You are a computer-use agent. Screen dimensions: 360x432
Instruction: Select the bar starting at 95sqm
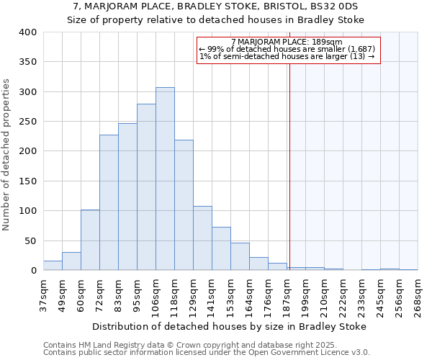pyautogui.click(x=146, y=187)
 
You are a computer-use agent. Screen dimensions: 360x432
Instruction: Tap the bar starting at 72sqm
pyautogui.click(x=109, y=202)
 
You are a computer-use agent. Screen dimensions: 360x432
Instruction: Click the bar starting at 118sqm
pyautogui.click(x=184, y=205)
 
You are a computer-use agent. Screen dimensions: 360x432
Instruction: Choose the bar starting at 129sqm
pyautogui.click(x=202, y=238)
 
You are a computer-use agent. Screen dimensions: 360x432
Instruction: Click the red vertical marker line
pyautogui.click(x=289, y=158)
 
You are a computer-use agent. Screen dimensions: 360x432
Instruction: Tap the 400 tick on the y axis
pyautogui.click(x=27, y=32)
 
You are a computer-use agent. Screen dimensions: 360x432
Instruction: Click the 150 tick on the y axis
pyautogui.click(x=27, y=181)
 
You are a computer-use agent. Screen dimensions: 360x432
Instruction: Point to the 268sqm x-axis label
pyautogui.click(x=418, y=297)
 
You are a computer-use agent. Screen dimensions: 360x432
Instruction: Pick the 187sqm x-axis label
pyautogui.click(x=287, y=297)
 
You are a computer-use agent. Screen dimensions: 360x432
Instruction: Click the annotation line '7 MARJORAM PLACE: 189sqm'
pyautogui.click(x=287, y=42)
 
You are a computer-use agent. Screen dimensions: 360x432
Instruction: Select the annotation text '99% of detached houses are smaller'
pyautogui.click(x=287, y=49)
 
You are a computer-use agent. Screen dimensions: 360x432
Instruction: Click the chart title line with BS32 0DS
pyautogui.click(x=216, y=6)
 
